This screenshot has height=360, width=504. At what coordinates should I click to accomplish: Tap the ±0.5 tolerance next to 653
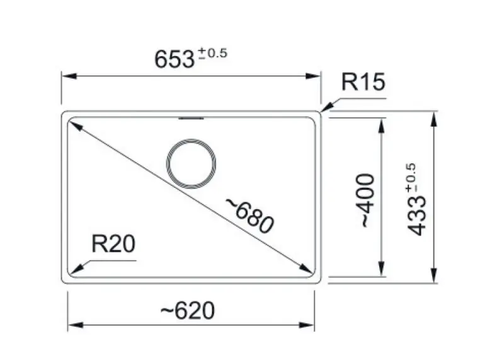pos(212,54)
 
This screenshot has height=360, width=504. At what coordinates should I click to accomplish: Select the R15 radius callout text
pos(362,83)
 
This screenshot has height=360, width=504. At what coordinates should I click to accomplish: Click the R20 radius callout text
pos(113,244)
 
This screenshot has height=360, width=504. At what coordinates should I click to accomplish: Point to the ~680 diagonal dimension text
pos(249,214)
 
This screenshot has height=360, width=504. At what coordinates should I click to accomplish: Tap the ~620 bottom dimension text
pos(186,310)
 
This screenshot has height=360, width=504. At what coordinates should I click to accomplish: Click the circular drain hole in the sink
pos(193,164)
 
